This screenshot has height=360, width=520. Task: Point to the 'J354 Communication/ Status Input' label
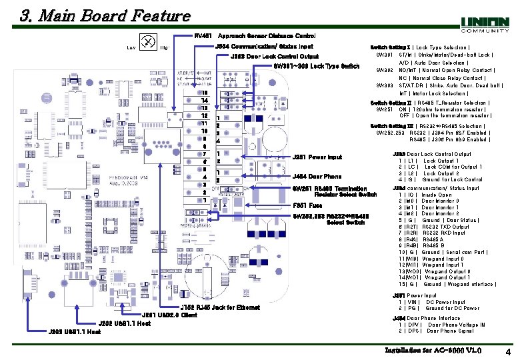[264, 46]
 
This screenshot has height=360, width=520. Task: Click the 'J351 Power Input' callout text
[317, 157]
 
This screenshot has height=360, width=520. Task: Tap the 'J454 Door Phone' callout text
[317, 177]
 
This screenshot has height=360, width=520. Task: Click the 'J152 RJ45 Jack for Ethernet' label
[221, 307]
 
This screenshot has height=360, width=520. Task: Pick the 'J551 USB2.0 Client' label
[169, 315]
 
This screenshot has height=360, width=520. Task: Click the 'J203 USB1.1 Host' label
[73, 331]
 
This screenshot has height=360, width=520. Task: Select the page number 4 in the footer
[508, 351]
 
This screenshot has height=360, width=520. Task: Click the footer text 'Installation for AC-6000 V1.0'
[433, 351]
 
